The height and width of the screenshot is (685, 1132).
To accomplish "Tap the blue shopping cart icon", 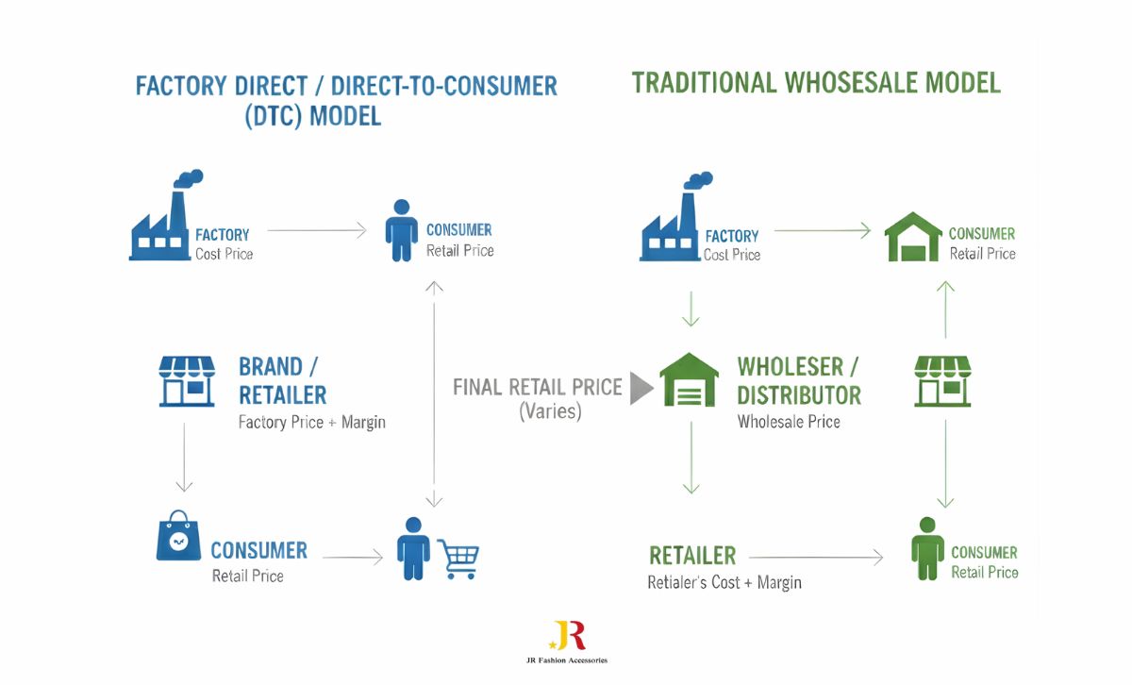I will tap(458, 559).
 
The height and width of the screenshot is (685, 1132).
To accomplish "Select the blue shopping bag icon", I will tap(177, 538).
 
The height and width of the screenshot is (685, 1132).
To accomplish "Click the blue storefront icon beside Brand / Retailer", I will tap(187, 381).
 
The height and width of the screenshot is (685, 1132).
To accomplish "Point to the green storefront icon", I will tap(942, 381).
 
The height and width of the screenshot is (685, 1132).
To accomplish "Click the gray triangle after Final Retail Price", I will tap(641, 387).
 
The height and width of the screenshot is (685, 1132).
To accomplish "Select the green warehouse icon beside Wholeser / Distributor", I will tap(689, 381).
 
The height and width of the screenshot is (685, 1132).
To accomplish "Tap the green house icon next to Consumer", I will tap(912, 237).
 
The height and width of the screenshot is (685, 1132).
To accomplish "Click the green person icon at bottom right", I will tap(927, 549).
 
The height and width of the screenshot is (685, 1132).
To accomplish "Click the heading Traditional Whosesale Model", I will tap(816, 83).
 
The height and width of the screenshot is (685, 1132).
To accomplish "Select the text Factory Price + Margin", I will tap(311, 422).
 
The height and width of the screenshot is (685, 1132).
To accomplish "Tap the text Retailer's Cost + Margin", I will tap(724, 582).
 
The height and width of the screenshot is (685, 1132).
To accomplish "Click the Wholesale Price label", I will tap(789, 422).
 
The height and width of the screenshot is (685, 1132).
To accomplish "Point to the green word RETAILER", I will tap(692, 555).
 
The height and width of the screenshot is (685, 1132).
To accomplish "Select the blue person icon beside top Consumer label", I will tap(401, 230).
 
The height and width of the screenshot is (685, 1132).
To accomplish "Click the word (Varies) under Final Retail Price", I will tap(551, 411).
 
